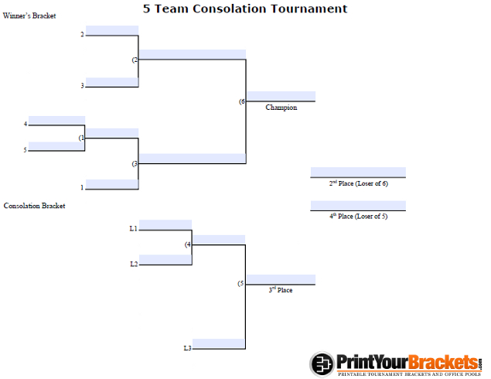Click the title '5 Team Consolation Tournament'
[x=245, y=9]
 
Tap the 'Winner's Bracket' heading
[x=29, y=15]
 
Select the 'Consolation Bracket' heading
[x=35, y=206]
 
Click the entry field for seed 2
[x=112, y=30]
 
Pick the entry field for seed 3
[x=112, y=82]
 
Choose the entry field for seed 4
[x=56, y=121]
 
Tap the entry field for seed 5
[x=56, y=146]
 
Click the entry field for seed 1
[x=112, y=184]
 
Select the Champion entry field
[x=281, y=96]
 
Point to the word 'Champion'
[x=281, y=108]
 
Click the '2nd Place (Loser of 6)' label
[x=359, y=183]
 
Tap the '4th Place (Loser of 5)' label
[x=359, y=216]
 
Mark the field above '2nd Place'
[x=358, y=172]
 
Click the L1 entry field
[x=165, y=225]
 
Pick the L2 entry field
[x=165, y=260]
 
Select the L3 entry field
[x=219, y=343]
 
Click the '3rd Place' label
[x=281, y=290]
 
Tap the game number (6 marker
[x=242, y=101]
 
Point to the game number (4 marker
[x=188, y=244]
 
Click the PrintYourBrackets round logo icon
[x=322, y=364]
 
